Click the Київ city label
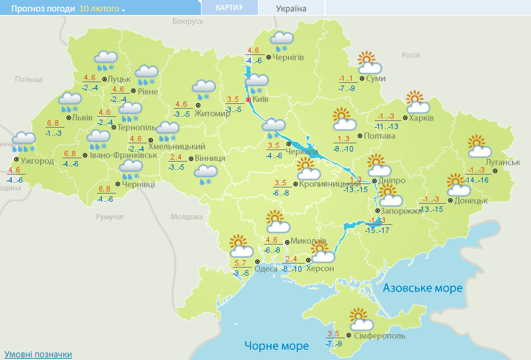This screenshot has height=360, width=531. [261, 100]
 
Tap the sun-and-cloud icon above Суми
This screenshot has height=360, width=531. [368, 62]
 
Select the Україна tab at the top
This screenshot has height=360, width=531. [291, 8]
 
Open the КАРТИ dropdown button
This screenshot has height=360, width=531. [229, 7]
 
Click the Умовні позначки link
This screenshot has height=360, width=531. [38, 354]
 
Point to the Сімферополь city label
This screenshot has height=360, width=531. [380, 336]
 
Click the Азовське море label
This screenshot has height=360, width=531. [422, 288]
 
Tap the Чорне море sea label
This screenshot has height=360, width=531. [276, 346]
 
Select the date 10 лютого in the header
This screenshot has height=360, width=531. [101, 9]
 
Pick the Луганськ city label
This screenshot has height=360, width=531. [504, 162]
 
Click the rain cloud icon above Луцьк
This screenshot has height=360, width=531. [104, 60]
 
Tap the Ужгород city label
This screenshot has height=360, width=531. [37, 161]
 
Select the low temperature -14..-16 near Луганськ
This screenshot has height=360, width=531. [478, 179]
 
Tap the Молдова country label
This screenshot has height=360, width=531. [187, 217]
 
